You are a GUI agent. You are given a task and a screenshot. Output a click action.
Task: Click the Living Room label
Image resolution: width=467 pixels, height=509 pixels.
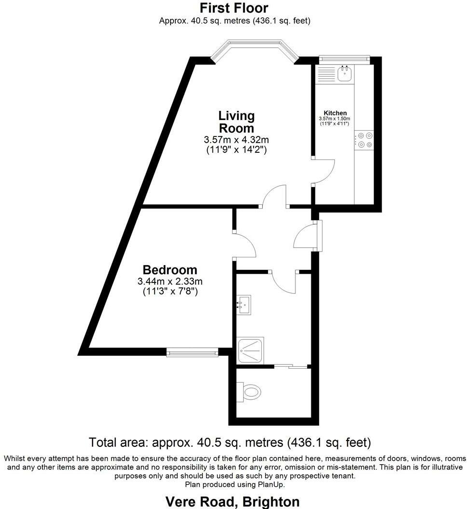(x=236, y=122)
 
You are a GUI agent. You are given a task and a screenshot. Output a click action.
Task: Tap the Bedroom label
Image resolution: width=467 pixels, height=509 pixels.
(x=170, y=270)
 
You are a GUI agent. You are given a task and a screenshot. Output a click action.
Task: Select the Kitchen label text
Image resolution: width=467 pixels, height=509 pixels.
(x=335, y=113)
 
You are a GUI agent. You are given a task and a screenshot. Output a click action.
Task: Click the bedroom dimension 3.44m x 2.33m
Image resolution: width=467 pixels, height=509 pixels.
(x=170, y=281)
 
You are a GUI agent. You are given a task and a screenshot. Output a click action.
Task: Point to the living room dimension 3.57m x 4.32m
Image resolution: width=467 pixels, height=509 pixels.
(x=236, y=140)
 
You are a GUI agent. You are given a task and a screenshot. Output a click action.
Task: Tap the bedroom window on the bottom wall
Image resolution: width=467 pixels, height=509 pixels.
(x=192, y=353)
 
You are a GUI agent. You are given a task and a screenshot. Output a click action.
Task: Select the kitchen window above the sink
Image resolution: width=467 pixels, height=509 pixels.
(x=344, y=59)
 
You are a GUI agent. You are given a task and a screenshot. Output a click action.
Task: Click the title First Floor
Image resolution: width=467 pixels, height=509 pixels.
(x=234, y=8)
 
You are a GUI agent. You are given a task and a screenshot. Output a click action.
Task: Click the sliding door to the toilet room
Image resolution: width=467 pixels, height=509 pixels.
(x=291, y=367)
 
